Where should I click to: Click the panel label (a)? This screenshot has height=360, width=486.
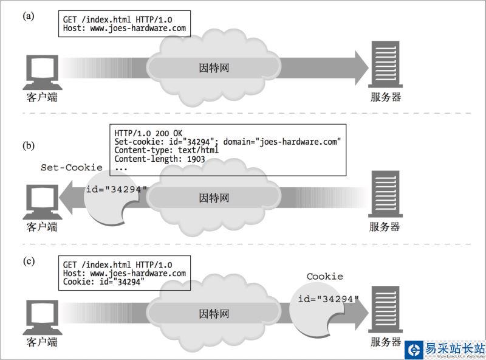click(x=29, y=16)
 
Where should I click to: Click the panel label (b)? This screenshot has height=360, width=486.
click(x=29, y=146)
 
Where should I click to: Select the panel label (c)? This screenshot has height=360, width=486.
click(x=29, y=261)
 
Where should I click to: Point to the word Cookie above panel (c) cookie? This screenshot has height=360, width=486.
click(x=324, y=277)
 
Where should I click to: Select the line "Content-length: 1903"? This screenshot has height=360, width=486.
click(x=159, y=159)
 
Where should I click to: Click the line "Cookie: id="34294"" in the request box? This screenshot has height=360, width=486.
click(x=104, y=282)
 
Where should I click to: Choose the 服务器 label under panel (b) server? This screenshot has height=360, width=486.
click(x=385, y=227)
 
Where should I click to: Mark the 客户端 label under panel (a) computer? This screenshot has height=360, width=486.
click(x=42, y=97)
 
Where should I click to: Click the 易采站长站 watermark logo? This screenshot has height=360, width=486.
click(x=445, y=348)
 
